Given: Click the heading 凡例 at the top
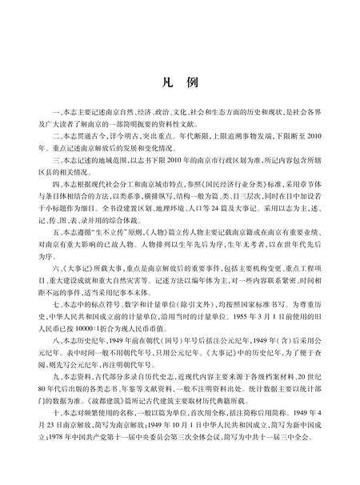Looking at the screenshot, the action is (180, 82).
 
